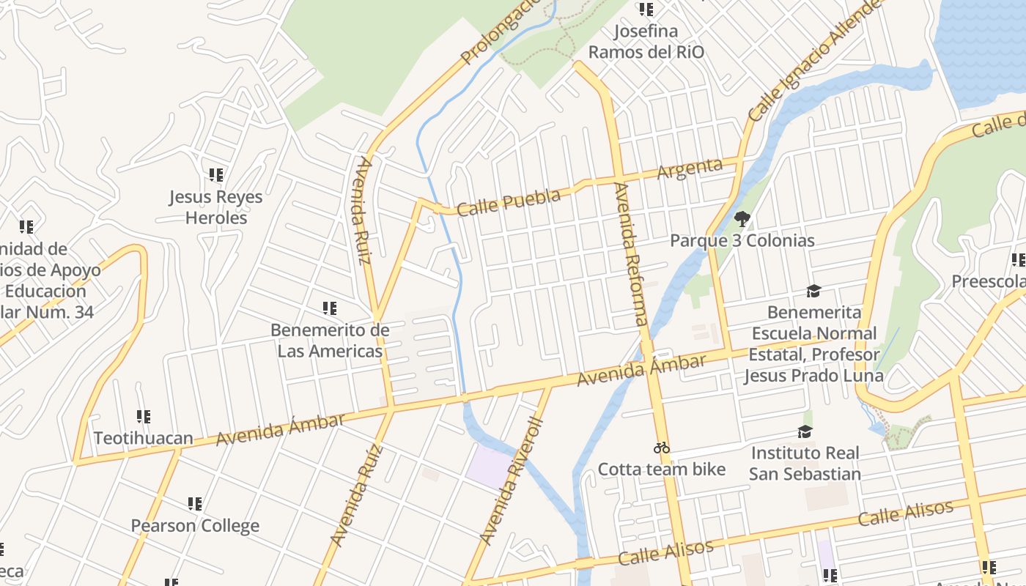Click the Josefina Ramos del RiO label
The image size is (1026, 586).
pos(646,42)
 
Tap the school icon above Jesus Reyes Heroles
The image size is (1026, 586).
pos(215,175)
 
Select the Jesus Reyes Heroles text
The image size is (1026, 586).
pos(215,207)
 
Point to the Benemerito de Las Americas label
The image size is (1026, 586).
pos(330,341)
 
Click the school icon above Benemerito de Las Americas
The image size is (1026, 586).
pos(330,308)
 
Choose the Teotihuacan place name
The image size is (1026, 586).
pos(144,438)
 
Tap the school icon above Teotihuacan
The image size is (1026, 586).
pos(144,417)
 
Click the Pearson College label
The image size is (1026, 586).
pos(195,525)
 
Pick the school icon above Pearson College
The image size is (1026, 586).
pos(195,504)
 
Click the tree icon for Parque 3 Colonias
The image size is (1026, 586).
pos(742,218)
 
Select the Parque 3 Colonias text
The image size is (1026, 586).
pos(742,240)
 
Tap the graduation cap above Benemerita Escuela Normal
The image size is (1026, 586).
pos(813,292)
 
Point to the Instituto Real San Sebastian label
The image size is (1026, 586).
pos(805,463)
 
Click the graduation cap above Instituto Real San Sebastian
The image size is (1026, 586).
pos(805,431)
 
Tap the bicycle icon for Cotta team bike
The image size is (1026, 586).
pos(662,448)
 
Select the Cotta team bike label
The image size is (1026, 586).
pos(662,469)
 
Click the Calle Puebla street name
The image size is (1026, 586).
pos(509,201)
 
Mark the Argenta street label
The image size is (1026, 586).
pos(690,168)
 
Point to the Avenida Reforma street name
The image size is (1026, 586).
pos(631,253)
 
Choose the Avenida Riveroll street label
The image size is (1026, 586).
pos(512,481)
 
